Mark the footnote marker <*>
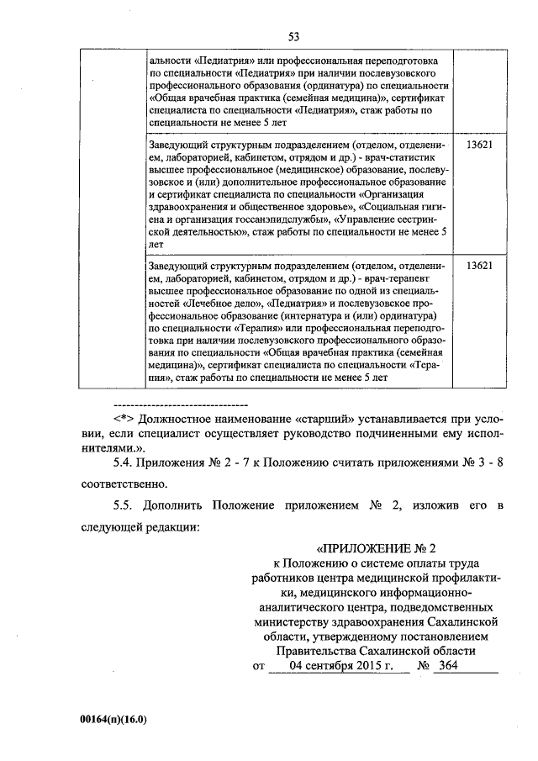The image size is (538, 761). pos(124,418)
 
